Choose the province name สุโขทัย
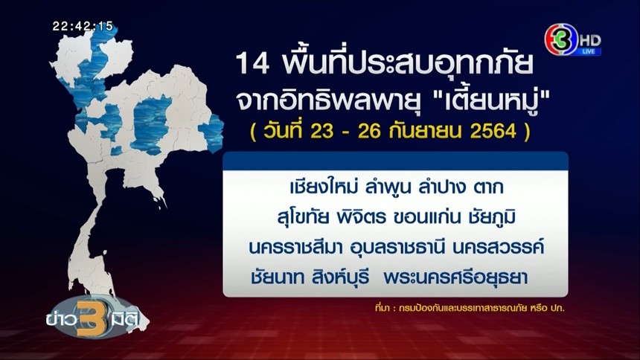304,217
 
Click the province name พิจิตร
361,216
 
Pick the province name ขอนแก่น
424,217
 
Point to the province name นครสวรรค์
498,246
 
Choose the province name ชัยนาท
278,277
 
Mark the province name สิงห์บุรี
340,277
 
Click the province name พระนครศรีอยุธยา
455,277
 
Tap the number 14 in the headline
252,64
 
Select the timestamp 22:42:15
83,27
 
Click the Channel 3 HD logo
573,39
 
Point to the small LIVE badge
589,51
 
